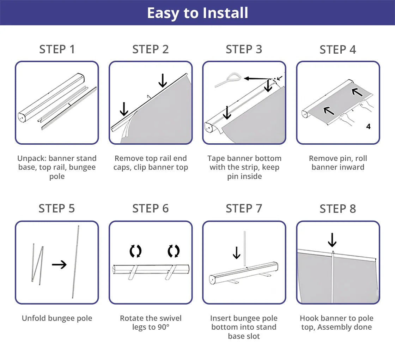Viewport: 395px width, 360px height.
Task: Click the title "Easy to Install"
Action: pos(197,13)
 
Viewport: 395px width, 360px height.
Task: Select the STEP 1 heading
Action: pos(57,49)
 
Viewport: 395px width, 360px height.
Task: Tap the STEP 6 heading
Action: pos(150,209)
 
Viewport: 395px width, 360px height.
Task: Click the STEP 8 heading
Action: pos(338,209)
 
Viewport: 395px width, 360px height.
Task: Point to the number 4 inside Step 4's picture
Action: pos(368,126)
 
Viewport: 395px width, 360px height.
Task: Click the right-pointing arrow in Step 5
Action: pos(59,264)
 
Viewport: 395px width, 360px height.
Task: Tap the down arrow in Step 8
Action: pos(332,240)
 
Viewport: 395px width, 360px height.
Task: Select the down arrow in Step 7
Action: pos(237,253)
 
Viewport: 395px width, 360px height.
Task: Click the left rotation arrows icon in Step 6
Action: pos(135,251)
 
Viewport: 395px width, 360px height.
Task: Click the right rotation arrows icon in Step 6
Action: pos(173,251)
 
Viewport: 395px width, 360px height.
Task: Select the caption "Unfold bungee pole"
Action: pos(57,318)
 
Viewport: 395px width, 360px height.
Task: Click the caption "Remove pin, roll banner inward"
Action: pos(338,163)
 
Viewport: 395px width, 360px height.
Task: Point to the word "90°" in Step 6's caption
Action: pos(163,327)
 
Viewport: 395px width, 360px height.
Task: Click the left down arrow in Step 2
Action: pos(124,108)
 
